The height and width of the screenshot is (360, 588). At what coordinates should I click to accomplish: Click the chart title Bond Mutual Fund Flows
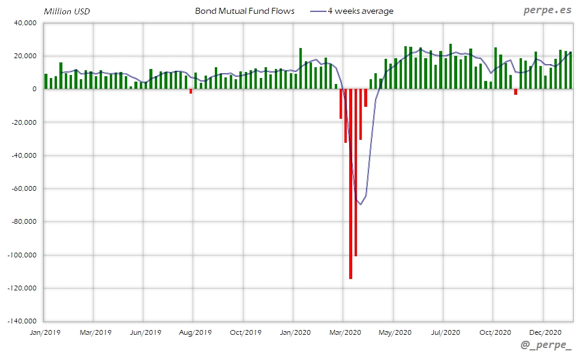(245, 11)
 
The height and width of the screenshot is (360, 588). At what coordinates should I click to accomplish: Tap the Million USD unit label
(67, 11)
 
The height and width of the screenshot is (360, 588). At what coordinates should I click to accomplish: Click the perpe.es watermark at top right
(547, 11)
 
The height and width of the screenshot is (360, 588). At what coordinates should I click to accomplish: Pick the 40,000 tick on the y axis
(26, 23)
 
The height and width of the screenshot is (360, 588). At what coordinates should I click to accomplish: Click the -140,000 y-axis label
(23, 321)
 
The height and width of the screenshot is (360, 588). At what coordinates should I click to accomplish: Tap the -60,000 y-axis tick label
(24, 188)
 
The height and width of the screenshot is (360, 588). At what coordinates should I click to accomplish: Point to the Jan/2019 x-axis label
(44, 331)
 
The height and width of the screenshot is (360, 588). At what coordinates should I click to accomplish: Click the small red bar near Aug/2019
(191, 91)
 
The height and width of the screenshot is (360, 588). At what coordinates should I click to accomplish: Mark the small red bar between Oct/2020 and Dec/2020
(515, 92)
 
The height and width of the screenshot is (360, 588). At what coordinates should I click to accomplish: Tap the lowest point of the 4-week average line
(360, 204)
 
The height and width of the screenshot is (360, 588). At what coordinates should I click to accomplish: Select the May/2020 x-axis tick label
(395, 331)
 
